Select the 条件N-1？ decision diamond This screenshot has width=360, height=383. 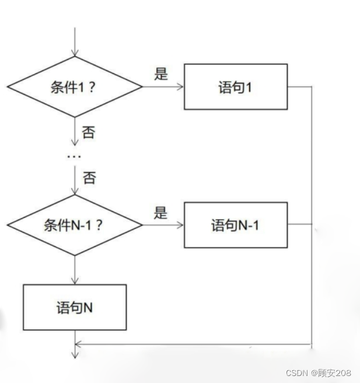[75, 225]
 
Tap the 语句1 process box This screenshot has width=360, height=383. [236, 87]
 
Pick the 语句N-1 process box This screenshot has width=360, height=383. [236, 225]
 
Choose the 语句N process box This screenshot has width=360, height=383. [75, 307]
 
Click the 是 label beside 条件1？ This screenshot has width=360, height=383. [161, 74]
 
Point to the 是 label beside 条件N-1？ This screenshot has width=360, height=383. [161, 213]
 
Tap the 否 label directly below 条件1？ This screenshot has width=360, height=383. [89, 133]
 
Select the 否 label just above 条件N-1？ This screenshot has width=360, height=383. [89, 178]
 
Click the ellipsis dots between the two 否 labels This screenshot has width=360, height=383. [75, 156]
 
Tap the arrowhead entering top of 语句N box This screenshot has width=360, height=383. [75, 281]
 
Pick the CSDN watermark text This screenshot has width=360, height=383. [298, 372]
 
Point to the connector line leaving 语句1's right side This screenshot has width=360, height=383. [300, 87]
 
